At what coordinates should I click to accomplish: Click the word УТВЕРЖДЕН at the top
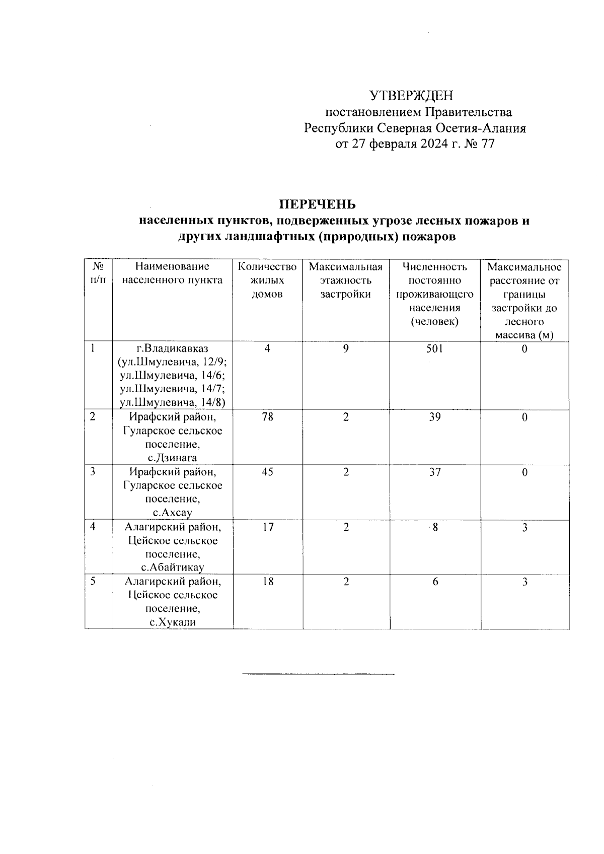click(411, 95)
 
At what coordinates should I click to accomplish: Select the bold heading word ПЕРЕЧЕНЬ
click(318, 204)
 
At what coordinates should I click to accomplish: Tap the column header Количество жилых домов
click(267, 280)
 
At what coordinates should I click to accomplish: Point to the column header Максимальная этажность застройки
click(346, 280)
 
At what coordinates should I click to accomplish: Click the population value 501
click(434, 348)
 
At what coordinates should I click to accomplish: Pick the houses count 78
click(267, 417)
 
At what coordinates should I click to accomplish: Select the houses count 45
click(267, 472)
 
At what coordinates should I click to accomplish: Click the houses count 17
click(267, 527)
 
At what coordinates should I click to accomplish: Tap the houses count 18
click(267, 582)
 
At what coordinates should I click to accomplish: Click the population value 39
click(434, 417)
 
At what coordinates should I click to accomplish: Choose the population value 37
click(434, 472)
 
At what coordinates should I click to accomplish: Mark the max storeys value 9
click(346, 348)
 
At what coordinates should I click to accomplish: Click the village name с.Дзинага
click(172, 458)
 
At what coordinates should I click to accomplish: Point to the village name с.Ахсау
click(172, 513)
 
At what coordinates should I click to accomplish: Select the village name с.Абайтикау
click(172, 568)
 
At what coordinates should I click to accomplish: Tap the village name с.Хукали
click(172, 622)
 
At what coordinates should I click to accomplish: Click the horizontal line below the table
click(318, 673)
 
